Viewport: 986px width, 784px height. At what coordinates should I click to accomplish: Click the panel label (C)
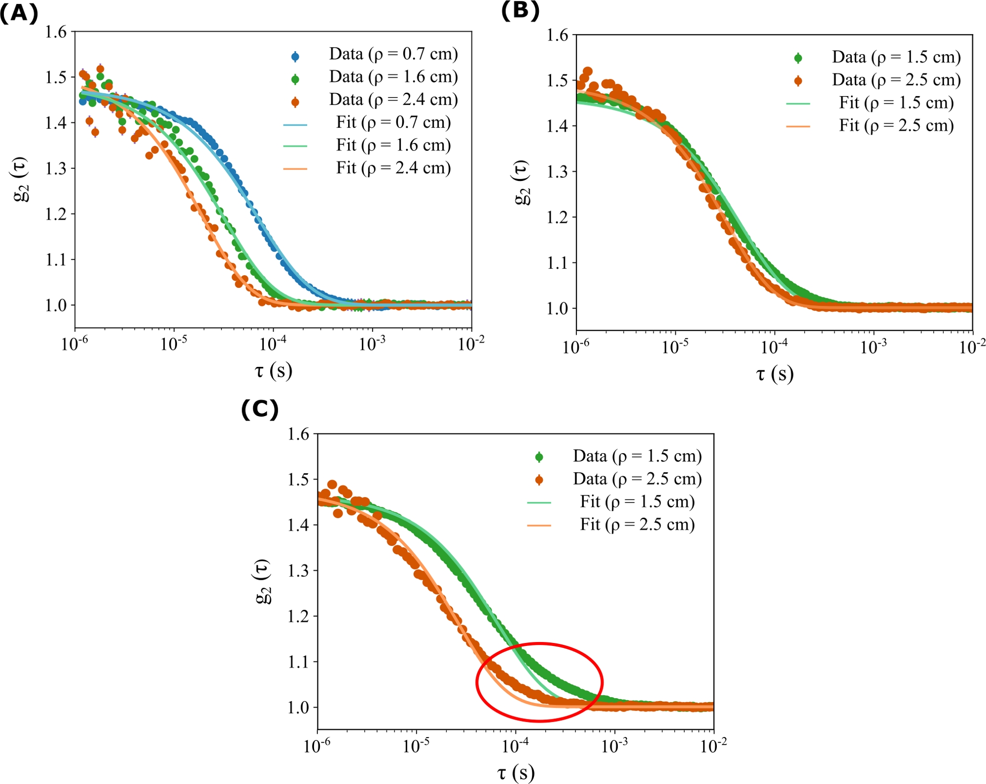(x=260, y=409)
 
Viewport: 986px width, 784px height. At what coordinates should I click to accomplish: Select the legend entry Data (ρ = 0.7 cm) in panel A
(x=393, y=54)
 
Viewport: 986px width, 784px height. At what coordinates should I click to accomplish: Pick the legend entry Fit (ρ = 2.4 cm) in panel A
(x=393, y=168)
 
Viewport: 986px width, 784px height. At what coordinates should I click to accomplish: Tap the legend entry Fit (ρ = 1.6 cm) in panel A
(x=393, y=145)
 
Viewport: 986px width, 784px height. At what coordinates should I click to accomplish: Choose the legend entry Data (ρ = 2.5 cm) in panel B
(x=896, y=80)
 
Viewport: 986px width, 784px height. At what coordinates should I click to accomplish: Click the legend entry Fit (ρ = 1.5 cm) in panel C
(x=637, y=501)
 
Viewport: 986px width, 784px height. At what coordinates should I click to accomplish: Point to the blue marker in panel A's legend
(x=295, y=56)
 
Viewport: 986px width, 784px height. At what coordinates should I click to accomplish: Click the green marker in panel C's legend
(x=539, y=457)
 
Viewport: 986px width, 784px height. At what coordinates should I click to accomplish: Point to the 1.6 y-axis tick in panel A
(x=56, y=32)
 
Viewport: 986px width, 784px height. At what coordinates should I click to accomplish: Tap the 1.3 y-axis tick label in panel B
(x=557, y=172)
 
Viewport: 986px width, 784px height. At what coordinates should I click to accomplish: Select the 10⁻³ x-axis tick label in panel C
(x=614, y=746)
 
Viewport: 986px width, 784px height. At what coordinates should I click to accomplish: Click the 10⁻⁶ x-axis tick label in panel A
(x=74, y=344)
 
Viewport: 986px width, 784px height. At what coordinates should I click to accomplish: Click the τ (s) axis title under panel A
(x=274, y=370)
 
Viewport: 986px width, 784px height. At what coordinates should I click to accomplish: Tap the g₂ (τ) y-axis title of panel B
(x=522, y=182)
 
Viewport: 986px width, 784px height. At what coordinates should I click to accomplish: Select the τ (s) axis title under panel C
(x=516, y=772)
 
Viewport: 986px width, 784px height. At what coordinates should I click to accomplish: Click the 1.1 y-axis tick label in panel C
(x=298, y=662)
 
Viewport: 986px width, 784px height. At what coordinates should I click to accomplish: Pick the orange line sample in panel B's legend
(x=798, y=126)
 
